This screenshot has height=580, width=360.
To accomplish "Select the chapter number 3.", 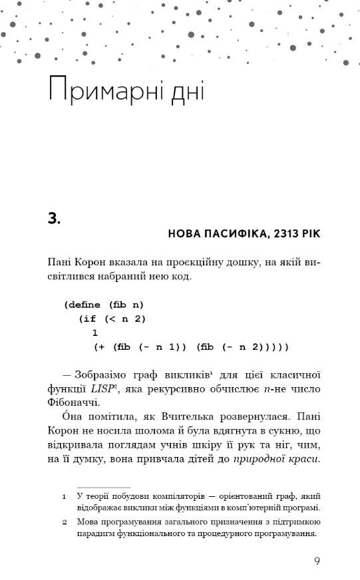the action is tap(55, 217).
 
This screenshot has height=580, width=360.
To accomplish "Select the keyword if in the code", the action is tap(89, 319).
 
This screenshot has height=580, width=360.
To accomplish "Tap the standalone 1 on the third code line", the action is tap(95, 333).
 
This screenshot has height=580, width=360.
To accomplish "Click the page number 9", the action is tap(317, 560).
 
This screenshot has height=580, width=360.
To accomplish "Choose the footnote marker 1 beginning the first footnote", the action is tap(64, 496).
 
